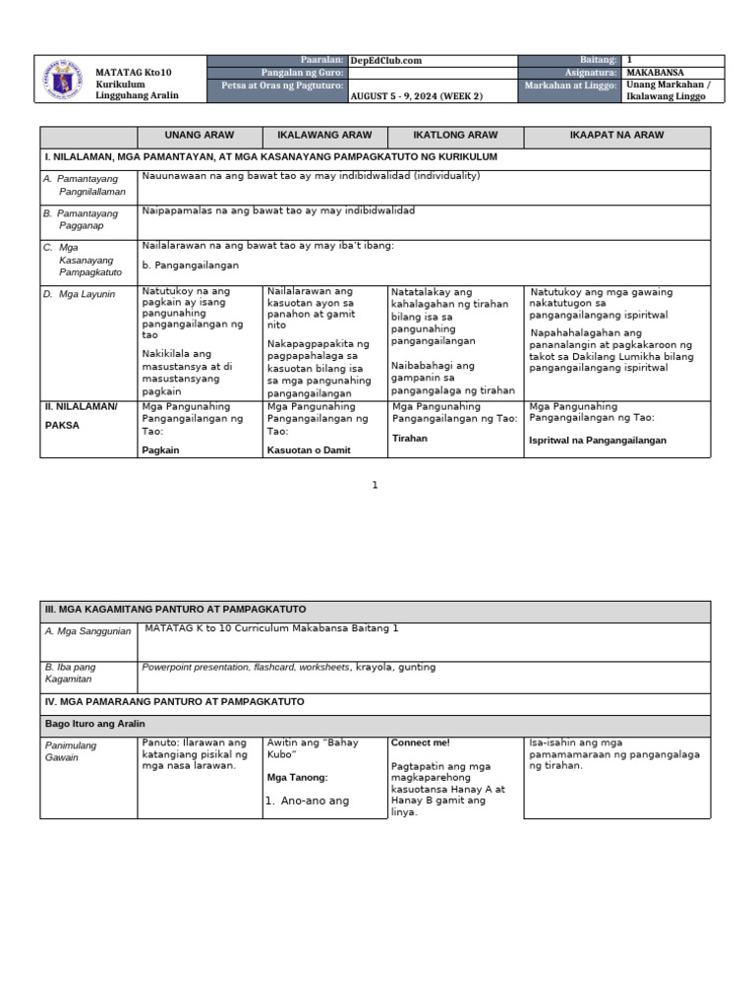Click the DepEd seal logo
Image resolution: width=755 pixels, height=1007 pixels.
click(64, 79)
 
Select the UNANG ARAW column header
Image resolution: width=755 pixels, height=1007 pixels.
click(199, 136)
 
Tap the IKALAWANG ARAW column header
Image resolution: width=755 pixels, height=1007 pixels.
click(323, 136)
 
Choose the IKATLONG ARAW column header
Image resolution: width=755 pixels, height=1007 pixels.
click(455, 136)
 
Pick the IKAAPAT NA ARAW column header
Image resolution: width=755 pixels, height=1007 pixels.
click(615, 136)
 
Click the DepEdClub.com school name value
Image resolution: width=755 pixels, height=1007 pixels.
click(386, 61)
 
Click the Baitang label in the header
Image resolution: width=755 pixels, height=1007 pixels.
click(599, 61)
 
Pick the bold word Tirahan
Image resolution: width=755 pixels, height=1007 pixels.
click(410, 439)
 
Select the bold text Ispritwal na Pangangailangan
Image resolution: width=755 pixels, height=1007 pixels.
click(598, 441)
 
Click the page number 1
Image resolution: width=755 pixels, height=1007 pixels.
click(375, 485)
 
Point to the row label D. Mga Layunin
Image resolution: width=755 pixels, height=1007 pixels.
click(80, 294)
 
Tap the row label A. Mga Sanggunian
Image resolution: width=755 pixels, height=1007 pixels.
click(88, 631)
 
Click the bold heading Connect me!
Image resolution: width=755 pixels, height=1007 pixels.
click(420, 742)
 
